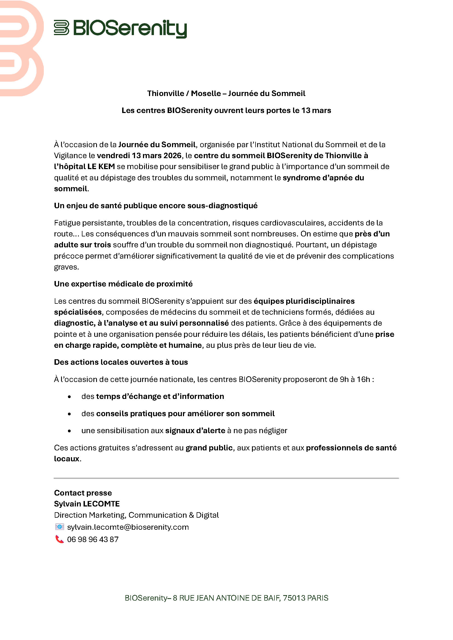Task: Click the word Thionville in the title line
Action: (x=165, y=93)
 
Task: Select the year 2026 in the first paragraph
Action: (x=171, y=155)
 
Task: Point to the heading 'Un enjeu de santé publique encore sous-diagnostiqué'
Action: (x=156, y=206)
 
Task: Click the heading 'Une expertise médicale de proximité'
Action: (x=123, y=284)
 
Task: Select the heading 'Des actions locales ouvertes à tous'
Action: (x=121, y=362)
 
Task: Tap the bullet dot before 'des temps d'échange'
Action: (x=69, y=397)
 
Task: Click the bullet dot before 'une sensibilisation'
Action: (x=69, y=431)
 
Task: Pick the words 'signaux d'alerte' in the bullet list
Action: (x=195, y=431)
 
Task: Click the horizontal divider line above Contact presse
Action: (x=226, y=478)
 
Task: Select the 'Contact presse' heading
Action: (x=83, y=493)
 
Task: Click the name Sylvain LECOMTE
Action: (x=87, y=504)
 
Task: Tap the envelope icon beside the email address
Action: (x=59, y=527)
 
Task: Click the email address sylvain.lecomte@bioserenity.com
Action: (x=128, y=527)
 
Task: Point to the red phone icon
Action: (x=59, y=539)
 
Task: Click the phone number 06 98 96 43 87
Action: (x=93, y=540)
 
